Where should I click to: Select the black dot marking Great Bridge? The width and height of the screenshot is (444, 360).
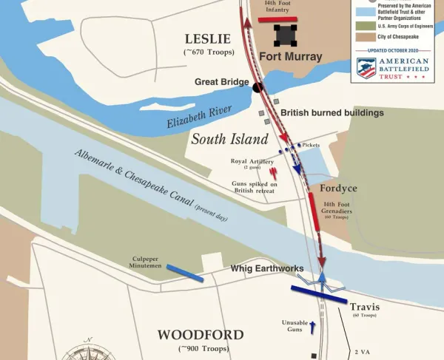coord(258,87)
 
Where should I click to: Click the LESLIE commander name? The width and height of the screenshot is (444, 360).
coord(208,38)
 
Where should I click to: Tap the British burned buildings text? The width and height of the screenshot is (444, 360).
coord(332,113)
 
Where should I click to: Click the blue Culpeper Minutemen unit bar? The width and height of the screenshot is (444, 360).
coord(186,273)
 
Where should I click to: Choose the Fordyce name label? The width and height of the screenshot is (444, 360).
coord(338,189)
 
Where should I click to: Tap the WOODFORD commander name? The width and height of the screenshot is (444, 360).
coord(200,335)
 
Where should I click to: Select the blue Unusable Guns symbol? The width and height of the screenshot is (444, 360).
coord(312,328)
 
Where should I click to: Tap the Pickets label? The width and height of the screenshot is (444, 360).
coord(309,146)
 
